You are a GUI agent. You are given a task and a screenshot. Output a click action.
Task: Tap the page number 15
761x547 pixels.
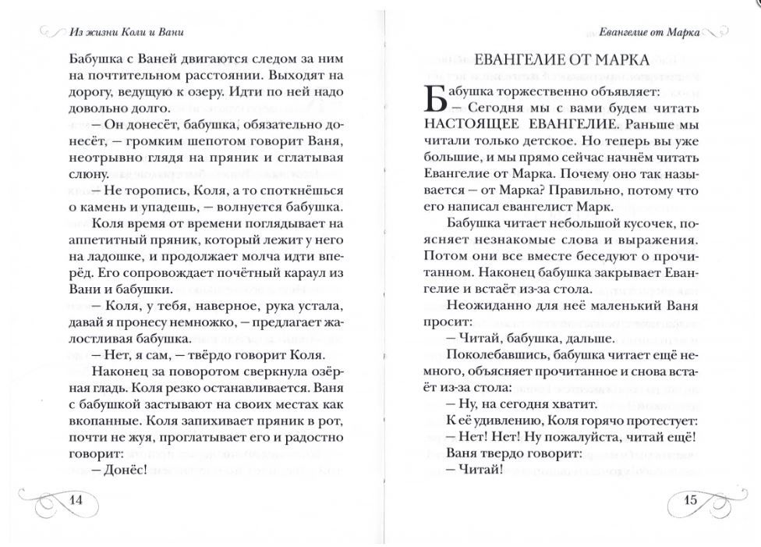click(689, 499)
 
